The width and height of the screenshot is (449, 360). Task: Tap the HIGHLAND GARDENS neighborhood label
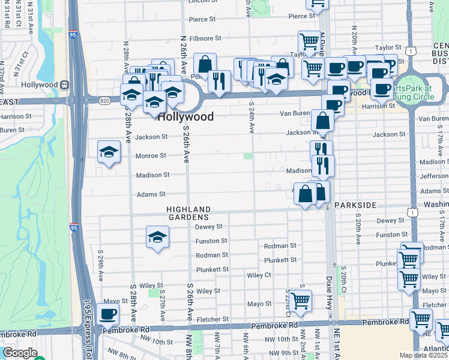pyautogui.click(x=188, y=212)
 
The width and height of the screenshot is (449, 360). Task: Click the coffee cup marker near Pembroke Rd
pyautogui.click(x=108, y=313)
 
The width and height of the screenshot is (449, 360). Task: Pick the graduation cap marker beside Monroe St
pyautogui.click(x=109, y=152)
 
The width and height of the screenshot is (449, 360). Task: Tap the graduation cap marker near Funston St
pyautogui.click(x=157, y=236)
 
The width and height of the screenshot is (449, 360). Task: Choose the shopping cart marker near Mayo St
pyautogui.click(x=301, y=300)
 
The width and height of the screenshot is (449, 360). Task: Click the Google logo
pyautogui.click(x=19, y=353)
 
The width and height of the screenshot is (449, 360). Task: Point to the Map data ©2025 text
pyautogui.click(x=424, y=355)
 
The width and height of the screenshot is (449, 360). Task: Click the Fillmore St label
pyautogui.click(x=205, y=38)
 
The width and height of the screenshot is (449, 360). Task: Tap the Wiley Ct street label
pyautogui.click(x=259, y=275)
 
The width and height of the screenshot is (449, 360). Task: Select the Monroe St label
pyautogui.click(x=150, y=155)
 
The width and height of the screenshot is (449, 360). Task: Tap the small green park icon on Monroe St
pyautogui.click(x=247, y=157)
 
